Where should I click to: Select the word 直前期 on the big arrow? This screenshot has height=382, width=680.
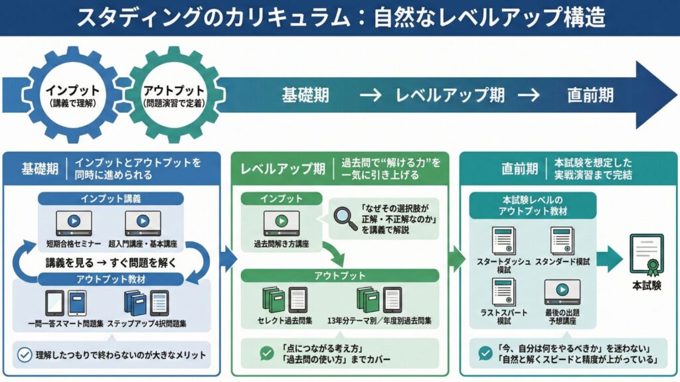click(x=590, y=95)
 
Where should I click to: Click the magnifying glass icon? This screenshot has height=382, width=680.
click(x=345, y=218)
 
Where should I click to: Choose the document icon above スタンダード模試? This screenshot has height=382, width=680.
click(x=562, y=241)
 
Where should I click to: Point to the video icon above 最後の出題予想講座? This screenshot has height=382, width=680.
click(x=562, y=292)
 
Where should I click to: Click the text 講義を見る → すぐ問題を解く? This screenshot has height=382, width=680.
click(x=111, y=263)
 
